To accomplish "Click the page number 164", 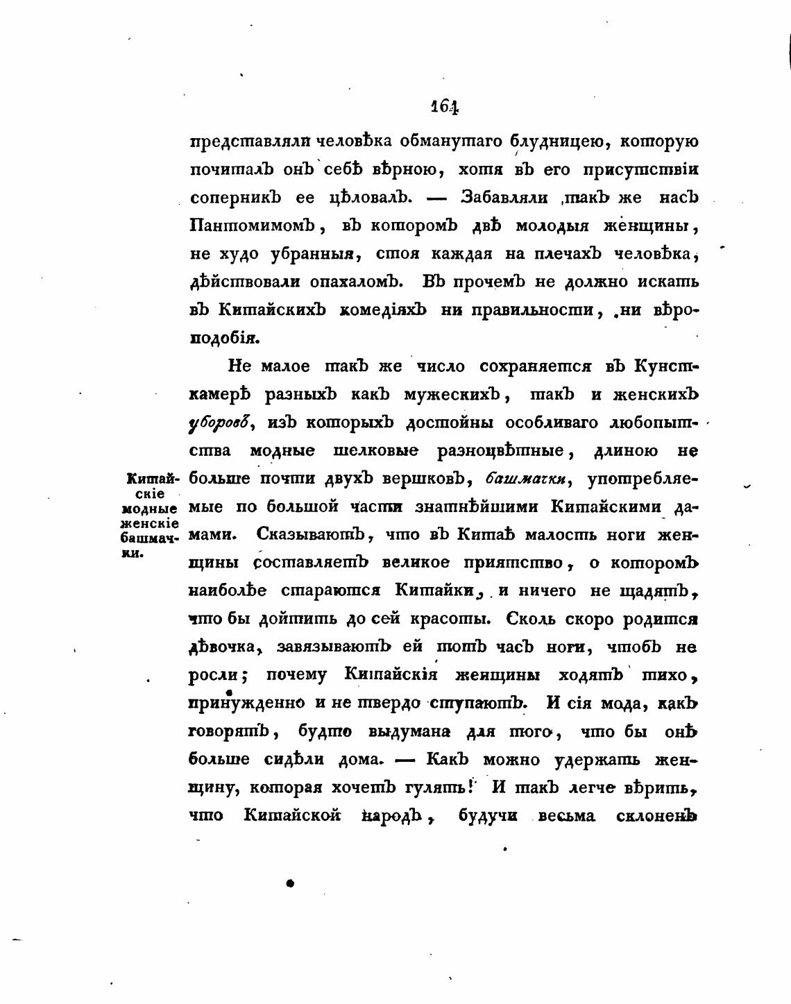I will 444,106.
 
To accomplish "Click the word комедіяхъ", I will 382,310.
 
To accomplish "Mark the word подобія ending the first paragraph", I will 214,339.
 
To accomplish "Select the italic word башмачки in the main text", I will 529,479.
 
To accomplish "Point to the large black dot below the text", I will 290,883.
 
